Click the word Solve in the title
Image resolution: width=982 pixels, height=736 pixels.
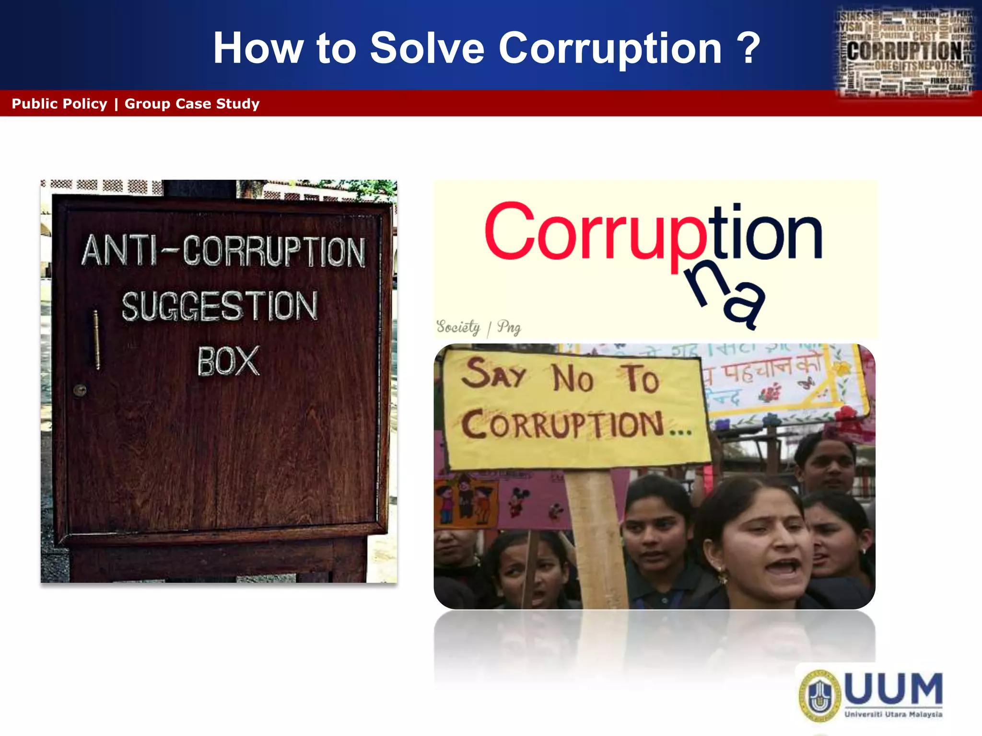pyautogui.click(x=427, y=48)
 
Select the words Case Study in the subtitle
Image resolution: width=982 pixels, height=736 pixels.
pyautogui.click(x=218, y=103)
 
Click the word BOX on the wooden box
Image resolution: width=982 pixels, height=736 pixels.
pyautogui.click(x=228, y=361)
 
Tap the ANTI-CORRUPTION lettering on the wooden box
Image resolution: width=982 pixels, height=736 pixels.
pyautogui.click(x=223, y=251)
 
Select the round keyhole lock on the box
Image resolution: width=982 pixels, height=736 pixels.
pyautogui.click(x=80, y=390)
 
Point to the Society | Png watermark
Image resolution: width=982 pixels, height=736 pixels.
pyautogui.click(x=478, y=327)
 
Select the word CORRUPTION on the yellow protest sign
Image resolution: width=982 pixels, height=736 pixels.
pyautogui.click(x=563, y=424)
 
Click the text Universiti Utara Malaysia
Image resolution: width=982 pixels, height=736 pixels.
pyautogui.click(x=893, y=714)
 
